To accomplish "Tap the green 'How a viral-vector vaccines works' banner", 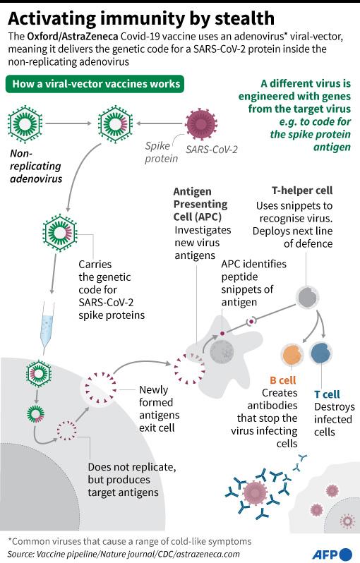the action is click(x=95, y=84).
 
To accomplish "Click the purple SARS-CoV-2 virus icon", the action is click(x=201, y=124).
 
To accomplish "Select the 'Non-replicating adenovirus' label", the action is click(x=36, y=167).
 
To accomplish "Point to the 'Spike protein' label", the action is click(x=162, y=152).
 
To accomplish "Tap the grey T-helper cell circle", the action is click(x=307, y=297).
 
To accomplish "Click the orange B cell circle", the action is click(x=292, y=355).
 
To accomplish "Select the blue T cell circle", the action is click(x=321, y=353).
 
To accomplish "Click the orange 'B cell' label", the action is click(x=283, y=380).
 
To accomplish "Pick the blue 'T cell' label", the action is click(x=327, y=394).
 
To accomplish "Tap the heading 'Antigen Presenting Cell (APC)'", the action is click(x=200, y=204).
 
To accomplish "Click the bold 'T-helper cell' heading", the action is click(x=302, y=190).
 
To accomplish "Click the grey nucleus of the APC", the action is click(x=222, y=351).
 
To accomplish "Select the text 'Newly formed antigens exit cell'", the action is click(x=159, y=408).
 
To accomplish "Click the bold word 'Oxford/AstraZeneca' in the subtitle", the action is click(x=73, y=37).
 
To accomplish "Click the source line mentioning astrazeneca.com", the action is click(x=124, y=554).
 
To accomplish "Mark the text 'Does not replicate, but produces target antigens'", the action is click(x=132, y=480).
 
